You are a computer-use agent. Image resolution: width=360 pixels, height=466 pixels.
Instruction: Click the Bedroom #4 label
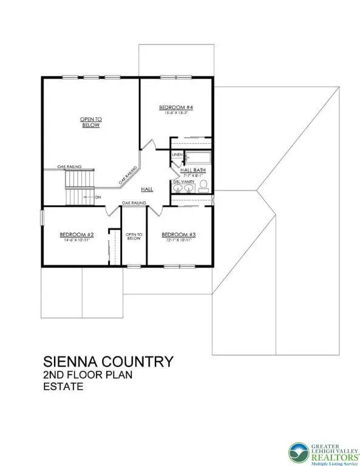176,107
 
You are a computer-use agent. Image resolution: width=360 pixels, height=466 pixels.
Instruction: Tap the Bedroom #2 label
76,235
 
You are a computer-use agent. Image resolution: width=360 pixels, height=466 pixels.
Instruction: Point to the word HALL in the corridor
147,190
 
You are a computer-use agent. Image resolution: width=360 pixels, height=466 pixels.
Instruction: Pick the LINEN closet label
177,155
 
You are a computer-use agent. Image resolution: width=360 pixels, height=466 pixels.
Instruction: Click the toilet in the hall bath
204,185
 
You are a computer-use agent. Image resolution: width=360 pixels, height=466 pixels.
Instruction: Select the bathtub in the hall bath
198,157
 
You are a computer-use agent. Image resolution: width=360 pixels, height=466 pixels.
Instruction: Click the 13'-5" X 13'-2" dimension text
176,113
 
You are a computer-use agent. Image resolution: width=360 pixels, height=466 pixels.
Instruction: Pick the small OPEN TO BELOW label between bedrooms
134,236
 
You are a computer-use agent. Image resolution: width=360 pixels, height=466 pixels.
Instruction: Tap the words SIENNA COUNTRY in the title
107,362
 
